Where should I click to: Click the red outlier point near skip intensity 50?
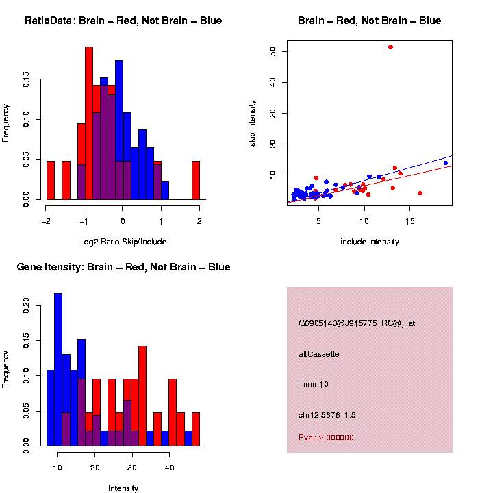[390, 47]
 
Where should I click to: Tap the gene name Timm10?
[314, 384]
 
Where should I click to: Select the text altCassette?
[318, 354]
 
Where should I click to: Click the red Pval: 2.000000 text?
[326, 438]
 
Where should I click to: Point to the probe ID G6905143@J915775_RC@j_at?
[356, 323]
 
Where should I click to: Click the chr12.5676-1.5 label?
[327, 415]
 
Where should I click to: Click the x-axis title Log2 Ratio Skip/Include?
[123, 242]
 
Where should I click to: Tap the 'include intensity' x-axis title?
[370, 242]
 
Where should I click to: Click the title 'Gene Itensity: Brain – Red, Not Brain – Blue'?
[123, 267]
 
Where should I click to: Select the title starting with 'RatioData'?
[123, 21]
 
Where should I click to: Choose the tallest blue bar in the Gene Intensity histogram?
[58, 370]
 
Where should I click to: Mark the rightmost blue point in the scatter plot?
[446, 163]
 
